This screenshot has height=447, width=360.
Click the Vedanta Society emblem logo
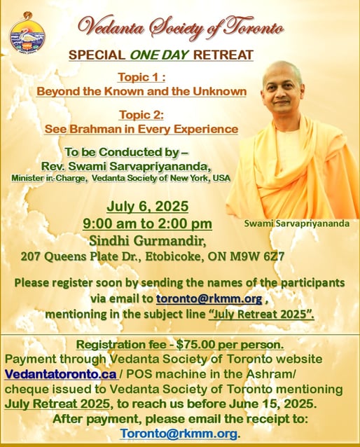coord(27,33)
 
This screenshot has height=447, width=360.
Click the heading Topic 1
coord(141,77)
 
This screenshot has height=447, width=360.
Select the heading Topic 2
coord(141,115)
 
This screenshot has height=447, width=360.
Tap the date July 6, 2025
coord(148,206)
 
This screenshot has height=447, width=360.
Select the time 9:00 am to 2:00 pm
coord(147,224)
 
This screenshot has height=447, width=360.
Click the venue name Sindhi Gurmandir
coord(148,241)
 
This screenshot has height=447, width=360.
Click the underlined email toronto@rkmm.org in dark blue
coord(209,298)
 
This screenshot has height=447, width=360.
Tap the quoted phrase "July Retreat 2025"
coord(261,314)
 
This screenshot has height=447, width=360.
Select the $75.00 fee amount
coord(195,345)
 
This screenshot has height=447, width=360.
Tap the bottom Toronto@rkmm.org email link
coord(179,434)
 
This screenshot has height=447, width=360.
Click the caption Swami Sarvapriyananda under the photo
coord(297,224)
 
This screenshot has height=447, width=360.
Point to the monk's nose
coord(282,95)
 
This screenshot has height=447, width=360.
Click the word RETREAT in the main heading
coord(223,55)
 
